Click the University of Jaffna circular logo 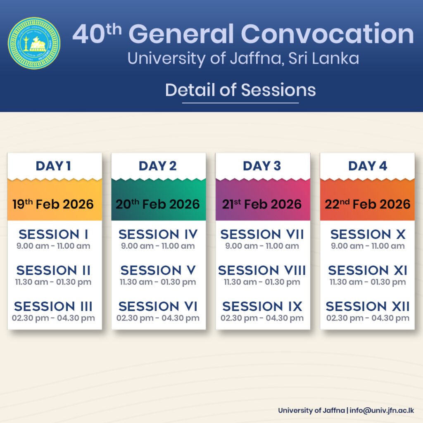(x=34, y=43)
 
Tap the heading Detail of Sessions (x=240, y=90)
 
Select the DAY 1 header (x=53, y=166)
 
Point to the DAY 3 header (x=261, y=166)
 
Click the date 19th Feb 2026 (x=53, y=204)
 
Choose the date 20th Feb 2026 (x=157, y=204)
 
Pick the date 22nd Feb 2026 (x=367, y=204)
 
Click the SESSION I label (x=53, y=234)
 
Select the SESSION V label (x=158, y=270)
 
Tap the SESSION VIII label (x=262, y=270)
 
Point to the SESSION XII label (x=367, y=306)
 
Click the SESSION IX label (x=262, y=306)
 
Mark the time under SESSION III (x=53, y=318)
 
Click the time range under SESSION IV (x=158, y=246)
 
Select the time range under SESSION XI (x=367, y=282)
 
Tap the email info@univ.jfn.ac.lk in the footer (x=382, y=410)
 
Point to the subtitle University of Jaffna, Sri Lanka (x=243, y=59)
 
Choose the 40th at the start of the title (x=97, y=33)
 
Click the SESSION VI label (x=158, y=306)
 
